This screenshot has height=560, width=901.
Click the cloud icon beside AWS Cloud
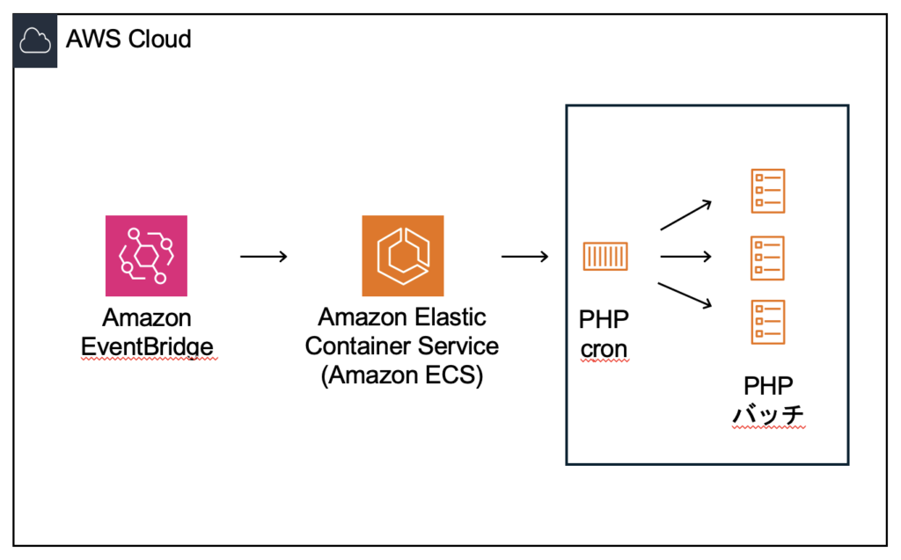coord(36,40)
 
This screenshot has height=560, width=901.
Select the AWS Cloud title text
coord(128,40)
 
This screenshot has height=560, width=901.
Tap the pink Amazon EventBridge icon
coord(146,256)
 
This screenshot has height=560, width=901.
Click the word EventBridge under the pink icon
coord(147,347)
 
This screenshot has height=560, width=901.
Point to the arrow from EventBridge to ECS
coord(263,257)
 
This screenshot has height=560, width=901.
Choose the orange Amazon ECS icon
coord(403,256)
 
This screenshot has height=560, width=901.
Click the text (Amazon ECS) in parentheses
coord(402,375)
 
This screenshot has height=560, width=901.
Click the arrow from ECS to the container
coord(524,257)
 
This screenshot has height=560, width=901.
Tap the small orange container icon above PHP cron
coord(604,257)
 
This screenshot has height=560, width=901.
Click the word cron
coord(604,348)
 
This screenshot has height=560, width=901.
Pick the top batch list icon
coord(767,192)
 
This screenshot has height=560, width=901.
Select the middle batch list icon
coord(767,258)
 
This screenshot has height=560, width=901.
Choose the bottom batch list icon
coord(767,322)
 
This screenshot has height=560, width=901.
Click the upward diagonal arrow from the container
coord(685,215)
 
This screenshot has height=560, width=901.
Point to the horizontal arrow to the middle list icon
coord(685,257)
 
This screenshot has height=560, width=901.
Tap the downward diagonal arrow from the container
coord(685,296)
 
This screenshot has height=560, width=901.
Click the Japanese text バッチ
coord(768,414)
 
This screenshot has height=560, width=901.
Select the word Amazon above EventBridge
coord(147,317)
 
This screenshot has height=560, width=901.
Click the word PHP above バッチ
coord(768,385)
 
